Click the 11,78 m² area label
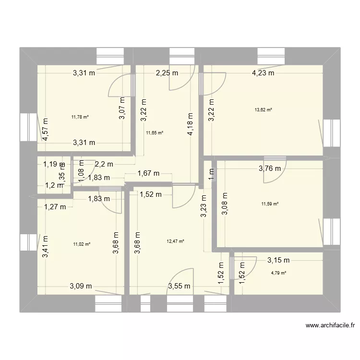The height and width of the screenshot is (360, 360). pyautogui.click(x=81, y=116)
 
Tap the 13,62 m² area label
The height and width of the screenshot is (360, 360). pyautogui.click(x=264, y=109)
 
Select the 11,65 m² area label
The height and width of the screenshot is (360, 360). pyautogui.click(x=155, y=133)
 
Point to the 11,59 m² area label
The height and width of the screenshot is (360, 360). pyautogui.click(x=270, y=204)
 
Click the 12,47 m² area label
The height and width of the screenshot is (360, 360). pyautogui.click(x=176, y=241)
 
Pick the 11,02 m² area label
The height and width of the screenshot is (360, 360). pyautogui.click(x=82, y=244)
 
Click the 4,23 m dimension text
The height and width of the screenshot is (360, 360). pyautogui.click(x=263, y=73)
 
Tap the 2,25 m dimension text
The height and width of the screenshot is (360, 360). pyautogui.click(x=167, y=73)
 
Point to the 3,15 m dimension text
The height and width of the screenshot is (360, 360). pyautogui.click(x=278, y=261)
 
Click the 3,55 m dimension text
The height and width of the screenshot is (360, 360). pyautogui.click(x=179, y=287)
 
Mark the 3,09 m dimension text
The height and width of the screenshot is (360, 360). pyautogui.click(x=81, y=287)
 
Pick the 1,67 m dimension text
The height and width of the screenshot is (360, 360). pyautogui.click(x=149, y=174)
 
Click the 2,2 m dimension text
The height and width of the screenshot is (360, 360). pyautogui.click(x=104, y=164)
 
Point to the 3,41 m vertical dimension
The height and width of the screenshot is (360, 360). pyautogui.click(x=45, y=247)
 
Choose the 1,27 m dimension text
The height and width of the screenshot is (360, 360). pyautogui.click(x=54, y=207)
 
